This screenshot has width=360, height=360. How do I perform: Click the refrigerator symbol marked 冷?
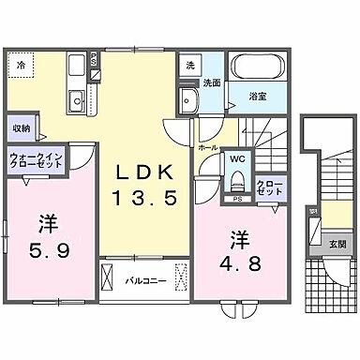(x=21, y=66)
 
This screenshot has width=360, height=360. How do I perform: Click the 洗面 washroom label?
(x=214, y=82)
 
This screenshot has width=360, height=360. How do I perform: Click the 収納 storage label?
(x=22, y=128)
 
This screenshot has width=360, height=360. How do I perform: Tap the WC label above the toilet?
(x=237, y=159)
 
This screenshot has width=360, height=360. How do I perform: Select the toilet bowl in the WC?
(x=237, y=181)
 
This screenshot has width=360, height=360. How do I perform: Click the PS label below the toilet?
(x=237, y=200)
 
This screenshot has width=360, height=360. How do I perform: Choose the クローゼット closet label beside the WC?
(x=268, y=188)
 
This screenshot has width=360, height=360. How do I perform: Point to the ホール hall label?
(x=208, y=147)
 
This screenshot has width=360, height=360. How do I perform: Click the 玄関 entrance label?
(x=337, y=245)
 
